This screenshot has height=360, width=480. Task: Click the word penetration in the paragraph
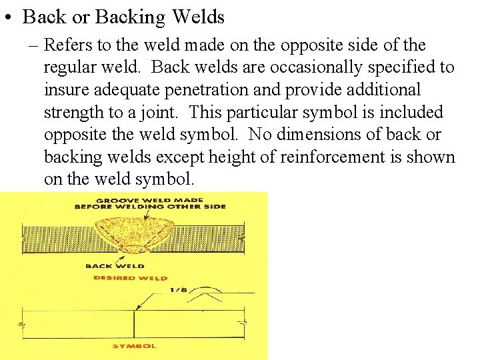point(223,89)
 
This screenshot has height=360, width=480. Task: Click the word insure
point(65,89)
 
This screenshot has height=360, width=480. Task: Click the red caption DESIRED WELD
point(130,278)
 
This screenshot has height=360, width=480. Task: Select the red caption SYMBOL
point(134,346)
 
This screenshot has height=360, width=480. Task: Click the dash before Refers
point(35,45)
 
